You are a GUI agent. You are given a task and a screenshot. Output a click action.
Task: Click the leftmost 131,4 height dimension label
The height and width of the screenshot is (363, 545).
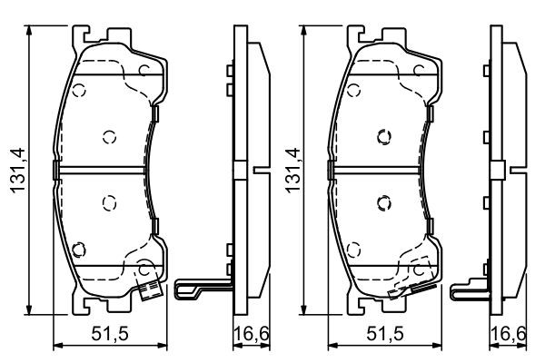(x=18, y=171)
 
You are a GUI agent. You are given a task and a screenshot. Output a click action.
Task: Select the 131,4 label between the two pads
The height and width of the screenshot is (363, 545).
(x=292, y=171)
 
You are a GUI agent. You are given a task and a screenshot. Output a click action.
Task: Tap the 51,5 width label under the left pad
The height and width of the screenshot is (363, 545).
(x=110, y=334)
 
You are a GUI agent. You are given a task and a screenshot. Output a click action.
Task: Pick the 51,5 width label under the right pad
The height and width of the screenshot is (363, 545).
(x=385, y=334)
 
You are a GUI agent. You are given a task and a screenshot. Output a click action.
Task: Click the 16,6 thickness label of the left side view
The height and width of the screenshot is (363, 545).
(x=252, y=334)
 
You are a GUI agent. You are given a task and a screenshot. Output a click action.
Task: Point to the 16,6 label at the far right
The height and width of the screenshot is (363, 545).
(x=508, y=334)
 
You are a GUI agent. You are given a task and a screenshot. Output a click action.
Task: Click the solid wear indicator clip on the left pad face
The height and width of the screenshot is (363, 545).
(x=149, y=287)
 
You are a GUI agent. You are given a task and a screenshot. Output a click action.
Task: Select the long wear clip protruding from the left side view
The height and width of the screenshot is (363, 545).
(x=203, y=288)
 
